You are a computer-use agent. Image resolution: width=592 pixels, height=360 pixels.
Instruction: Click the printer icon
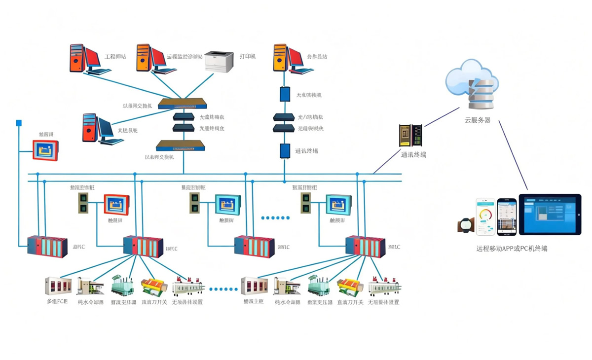(219, 61)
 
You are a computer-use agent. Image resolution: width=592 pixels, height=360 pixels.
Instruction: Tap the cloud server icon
(471, 85)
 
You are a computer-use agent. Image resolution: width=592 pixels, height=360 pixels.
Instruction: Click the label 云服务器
(477, 120)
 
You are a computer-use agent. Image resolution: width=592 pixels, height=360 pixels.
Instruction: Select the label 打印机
(248, 56)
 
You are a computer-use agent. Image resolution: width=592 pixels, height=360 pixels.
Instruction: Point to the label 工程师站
(115, 57)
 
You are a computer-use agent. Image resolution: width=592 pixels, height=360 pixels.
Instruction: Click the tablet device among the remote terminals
(550, 214)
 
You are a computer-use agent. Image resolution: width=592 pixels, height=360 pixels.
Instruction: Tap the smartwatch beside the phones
(465, 225)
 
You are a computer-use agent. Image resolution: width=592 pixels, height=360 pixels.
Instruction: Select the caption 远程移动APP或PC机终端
(512, 249)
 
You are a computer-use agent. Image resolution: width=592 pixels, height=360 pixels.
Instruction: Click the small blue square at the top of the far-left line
(19, 123)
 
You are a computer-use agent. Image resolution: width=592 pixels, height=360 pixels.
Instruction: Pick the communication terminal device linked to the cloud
(410, 136)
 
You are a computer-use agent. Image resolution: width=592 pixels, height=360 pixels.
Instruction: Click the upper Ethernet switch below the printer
(183, 104)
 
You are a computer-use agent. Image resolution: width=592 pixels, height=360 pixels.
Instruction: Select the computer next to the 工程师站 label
(89, 59)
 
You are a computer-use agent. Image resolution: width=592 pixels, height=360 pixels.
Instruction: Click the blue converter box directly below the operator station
(285, 94)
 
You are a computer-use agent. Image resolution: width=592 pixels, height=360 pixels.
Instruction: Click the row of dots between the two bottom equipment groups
(224, 289)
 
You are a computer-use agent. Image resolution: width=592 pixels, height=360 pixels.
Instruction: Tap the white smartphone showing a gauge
(485, 216)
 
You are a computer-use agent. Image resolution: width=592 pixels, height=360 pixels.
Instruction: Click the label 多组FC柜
(57, 302)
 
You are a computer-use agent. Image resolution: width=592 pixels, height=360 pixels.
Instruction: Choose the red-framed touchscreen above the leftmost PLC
(45, 150)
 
